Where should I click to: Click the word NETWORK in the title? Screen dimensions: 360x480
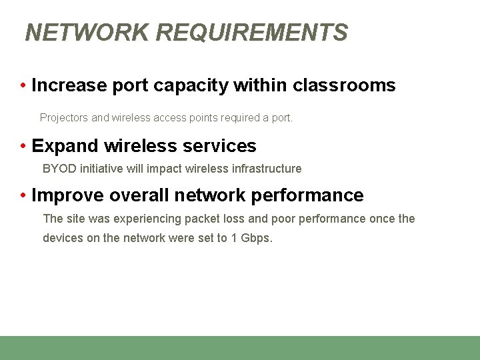87,33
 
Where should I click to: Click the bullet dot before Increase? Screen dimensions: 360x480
23,86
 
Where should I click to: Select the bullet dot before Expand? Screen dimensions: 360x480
23,146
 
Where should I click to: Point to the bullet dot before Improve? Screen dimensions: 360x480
23,195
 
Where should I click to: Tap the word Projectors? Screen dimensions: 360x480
64,118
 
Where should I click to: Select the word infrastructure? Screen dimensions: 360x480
267,169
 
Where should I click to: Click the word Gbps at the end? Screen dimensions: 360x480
257,238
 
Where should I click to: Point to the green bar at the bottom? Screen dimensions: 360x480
240,347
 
